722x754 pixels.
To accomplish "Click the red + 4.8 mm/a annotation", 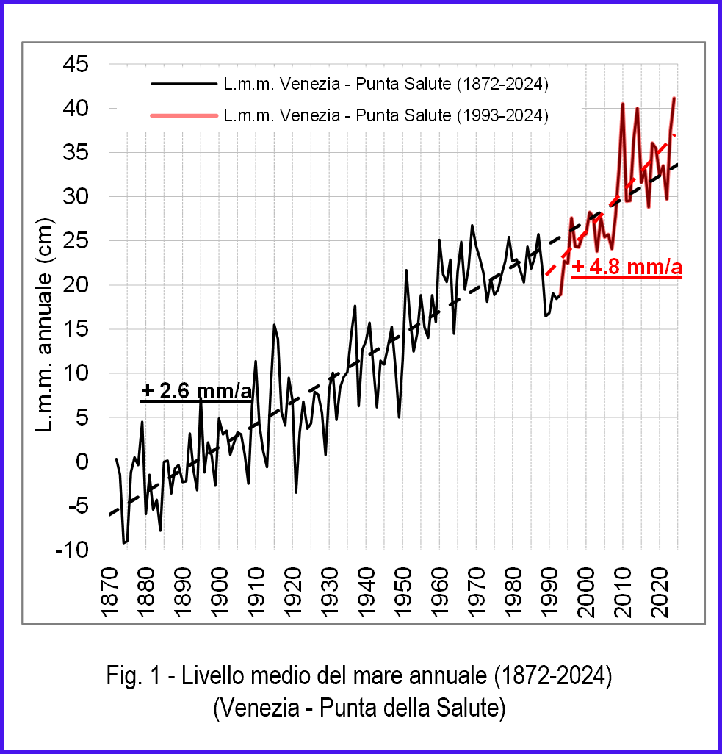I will pyautogui.click(x=627, y=268).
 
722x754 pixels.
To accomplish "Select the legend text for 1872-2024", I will pyautogui.click(x=386, y=85).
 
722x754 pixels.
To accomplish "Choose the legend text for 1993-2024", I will pyautogui.click(x=386, y=115).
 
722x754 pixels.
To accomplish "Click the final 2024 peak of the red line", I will pyautogui.click(x=674, y=98).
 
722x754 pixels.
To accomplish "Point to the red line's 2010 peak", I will pyautogui.click(x=623, y=104).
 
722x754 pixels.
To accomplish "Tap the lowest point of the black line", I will pyautogui.click(x=123, y=543).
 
